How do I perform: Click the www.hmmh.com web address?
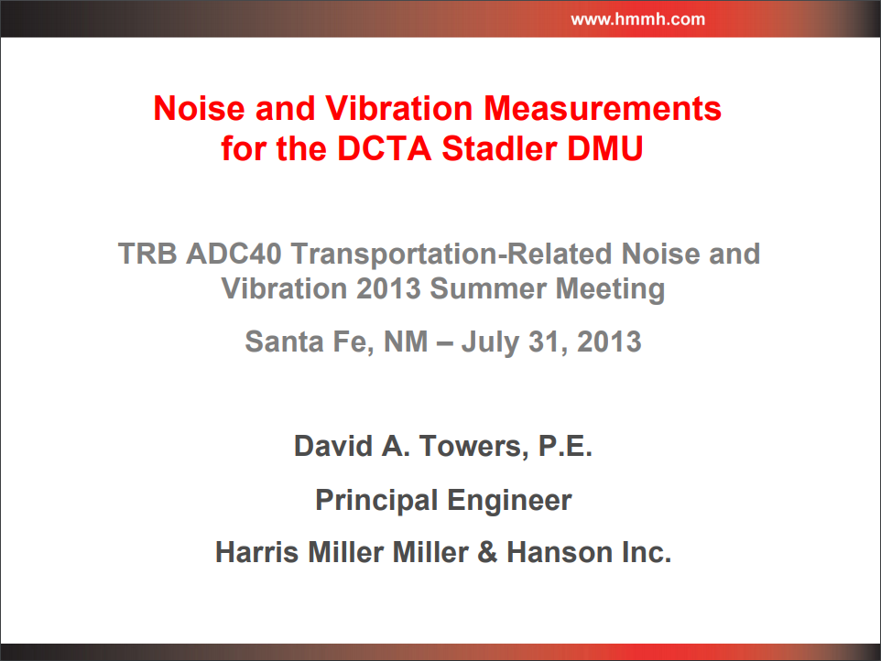click(637, 19)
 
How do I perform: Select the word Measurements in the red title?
click(603, 108)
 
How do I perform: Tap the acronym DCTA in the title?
click(384, 149)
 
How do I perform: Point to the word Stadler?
click(499, 149)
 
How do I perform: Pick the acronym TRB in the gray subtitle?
click(147, 254)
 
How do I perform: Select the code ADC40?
click(234, 254)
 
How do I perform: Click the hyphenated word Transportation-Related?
click(451, 255)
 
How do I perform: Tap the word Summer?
click(488, 288)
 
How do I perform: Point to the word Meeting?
click(610, 290)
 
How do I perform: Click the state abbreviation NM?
click(406, 341)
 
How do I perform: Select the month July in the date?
click(490, 342)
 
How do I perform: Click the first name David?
click(333, 447)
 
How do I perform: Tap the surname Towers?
click(473, 447)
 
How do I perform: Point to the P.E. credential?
click(565, 447)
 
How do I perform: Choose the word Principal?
click(376, 501)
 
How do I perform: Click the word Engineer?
click(509, 501)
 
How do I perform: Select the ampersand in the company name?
click(488, 552)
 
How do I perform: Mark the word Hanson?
click(560, 552)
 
